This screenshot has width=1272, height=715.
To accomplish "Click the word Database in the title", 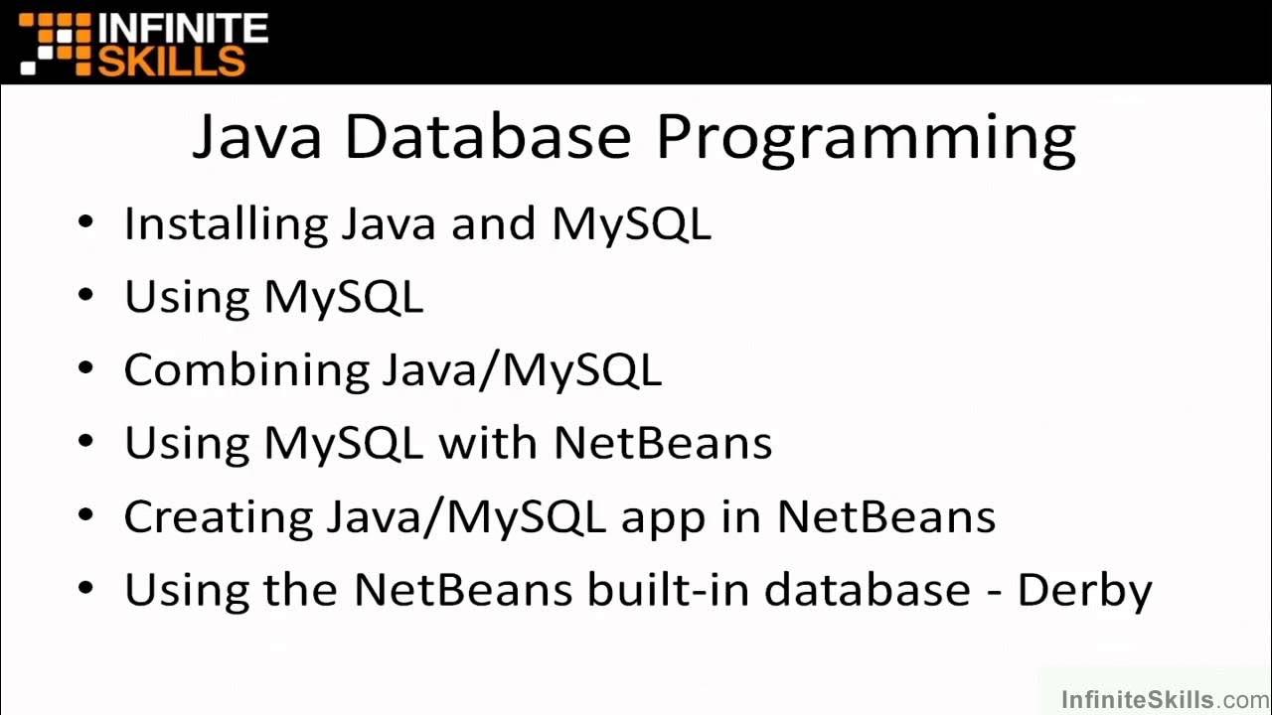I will coord(487,136).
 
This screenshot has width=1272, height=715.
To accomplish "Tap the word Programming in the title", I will coord(866,139).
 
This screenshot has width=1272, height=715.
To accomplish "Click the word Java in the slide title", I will coord(256,136).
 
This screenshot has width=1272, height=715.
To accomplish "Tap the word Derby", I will coord(1084,591).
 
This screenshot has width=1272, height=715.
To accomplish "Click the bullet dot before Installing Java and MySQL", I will coord(86,221).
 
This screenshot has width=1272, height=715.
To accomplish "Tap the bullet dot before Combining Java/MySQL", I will coord(86,368).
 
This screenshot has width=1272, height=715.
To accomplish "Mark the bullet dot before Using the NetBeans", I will coord(86,589).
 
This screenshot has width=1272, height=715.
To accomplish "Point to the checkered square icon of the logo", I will coord(56,45).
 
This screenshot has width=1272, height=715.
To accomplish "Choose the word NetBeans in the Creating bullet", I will coord(885,516).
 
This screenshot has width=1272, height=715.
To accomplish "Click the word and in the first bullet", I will coord(494,224).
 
